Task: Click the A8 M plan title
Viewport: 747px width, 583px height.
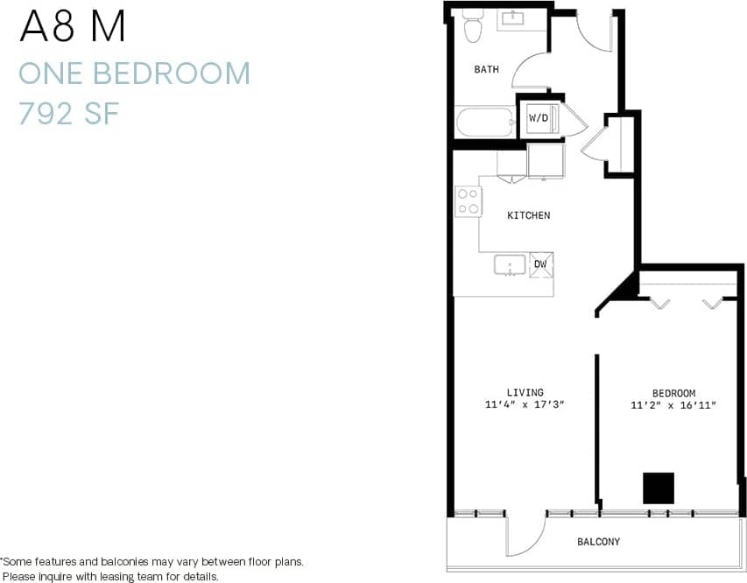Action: pyautogui.click(x=73, y=28)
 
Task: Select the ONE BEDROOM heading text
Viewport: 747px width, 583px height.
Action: pyautogui.click(x=134, y=74)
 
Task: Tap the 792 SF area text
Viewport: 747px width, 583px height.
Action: pyautogui.click(x=68, y=114)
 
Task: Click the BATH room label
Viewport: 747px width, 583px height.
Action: pyautogui.click(x=487, y=69)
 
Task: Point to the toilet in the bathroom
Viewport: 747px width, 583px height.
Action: pyautogui.click(x=473, y=28)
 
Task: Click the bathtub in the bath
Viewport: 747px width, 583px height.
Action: pyautogui.click(x=484, y=122)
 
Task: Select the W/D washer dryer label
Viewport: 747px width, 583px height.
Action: pyautogui.click(x=538, y=118)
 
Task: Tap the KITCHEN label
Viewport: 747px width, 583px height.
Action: pyautogui.click(x=529, y=215)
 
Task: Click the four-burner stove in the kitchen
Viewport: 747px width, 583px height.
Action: pyautogui.click(x=468, y=202)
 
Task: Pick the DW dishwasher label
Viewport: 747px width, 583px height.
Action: pyautogui.click(x=540, y=263)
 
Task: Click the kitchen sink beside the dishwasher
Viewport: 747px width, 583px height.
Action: pyautogui.click(x=509, y=264)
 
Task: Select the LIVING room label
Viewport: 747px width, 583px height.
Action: pyautogui.click(x=525, y=393)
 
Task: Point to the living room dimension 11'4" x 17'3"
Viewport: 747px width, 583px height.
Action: pyautogui.click(x=525, y=405)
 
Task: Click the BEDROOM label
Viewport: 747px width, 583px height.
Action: pyautogui.click(x=673, y=394)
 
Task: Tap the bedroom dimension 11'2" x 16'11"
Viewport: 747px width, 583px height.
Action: pyautogui.click(x=673, y=405)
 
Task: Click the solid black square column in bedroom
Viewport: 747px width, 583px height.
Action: pyautogui.click(x=659, y=488)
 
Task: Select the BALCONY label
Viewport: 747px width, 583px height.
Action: pyautogui.click(x=598, y=542)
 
